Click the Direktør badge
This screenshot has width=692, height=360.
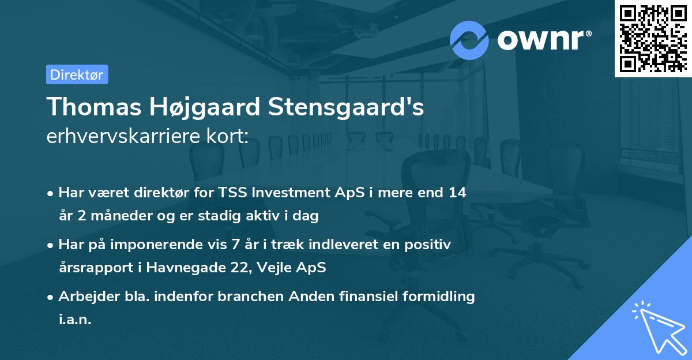click(x=77, y=74)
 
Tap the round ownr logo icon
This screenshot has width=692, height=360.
click(x=469, y=40)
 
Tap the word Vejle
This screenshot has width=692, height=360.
click(x=280, y=268)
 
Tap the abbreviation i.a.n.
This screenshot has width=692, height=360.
click(x=75, y=320)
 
